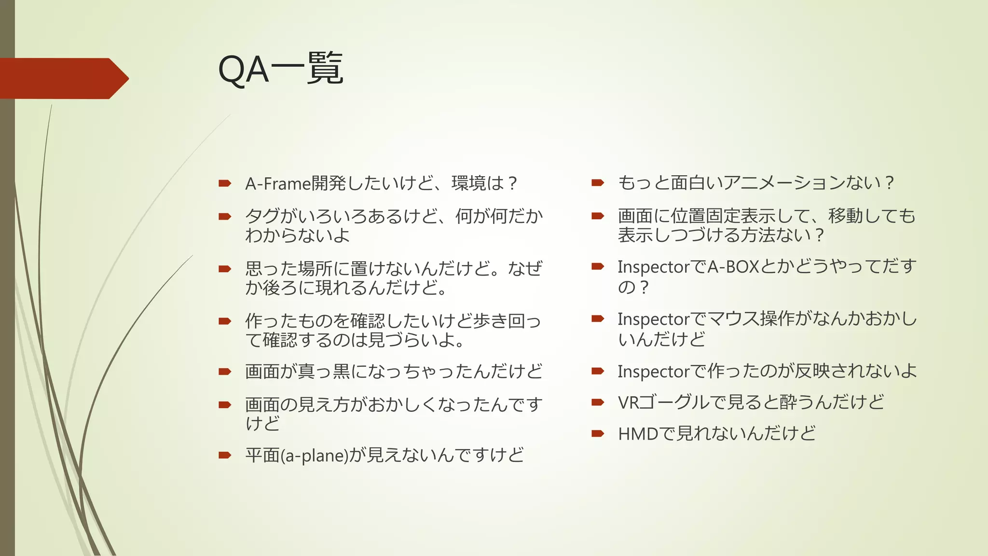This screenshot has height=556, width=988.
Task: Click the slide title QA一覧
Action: pyautogui.click(x=280, y=69)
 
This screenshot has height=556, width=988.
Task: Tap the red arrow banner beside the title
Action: pyautogui.click(x=63, y=78)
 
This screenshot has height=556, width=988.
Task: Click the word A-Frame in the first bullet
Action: pyautogui.click(x=278, y=184)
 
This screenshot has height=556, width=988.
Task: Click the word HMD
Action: pyautogui.click(x=638, y=434)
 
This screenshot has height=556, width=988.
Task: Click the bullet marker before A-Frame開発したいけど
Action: pyautogui.click(x=225, y=183)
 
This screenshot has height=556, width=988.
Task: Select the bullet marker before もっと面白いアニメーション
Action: pyautogui.click(x=598, y=182)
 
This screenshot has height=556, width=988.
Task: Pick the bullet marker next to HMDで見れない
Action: pyautogui.click(x=598, y=433)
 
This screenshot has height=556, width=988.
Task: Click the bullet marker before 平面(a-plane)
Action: pyautogui.click(x=225, y=455)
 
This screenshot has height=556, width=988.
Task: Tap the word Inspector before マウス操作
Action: pyautogui.click(x=653, y=320)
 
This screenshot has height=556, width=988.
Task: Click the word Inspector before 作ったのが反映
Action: pyautogui.click(x=653, y=372)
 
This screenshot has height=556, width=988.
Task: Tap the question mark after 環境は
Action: pyautogui.click(x=512, y=184)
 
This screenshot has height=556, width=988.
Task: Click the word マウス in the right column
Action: pyautogui.click(x=733, y=319)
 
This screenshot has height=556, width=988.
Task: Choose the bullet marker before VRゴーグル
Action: pyautogui.click(x=598, y=402)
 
